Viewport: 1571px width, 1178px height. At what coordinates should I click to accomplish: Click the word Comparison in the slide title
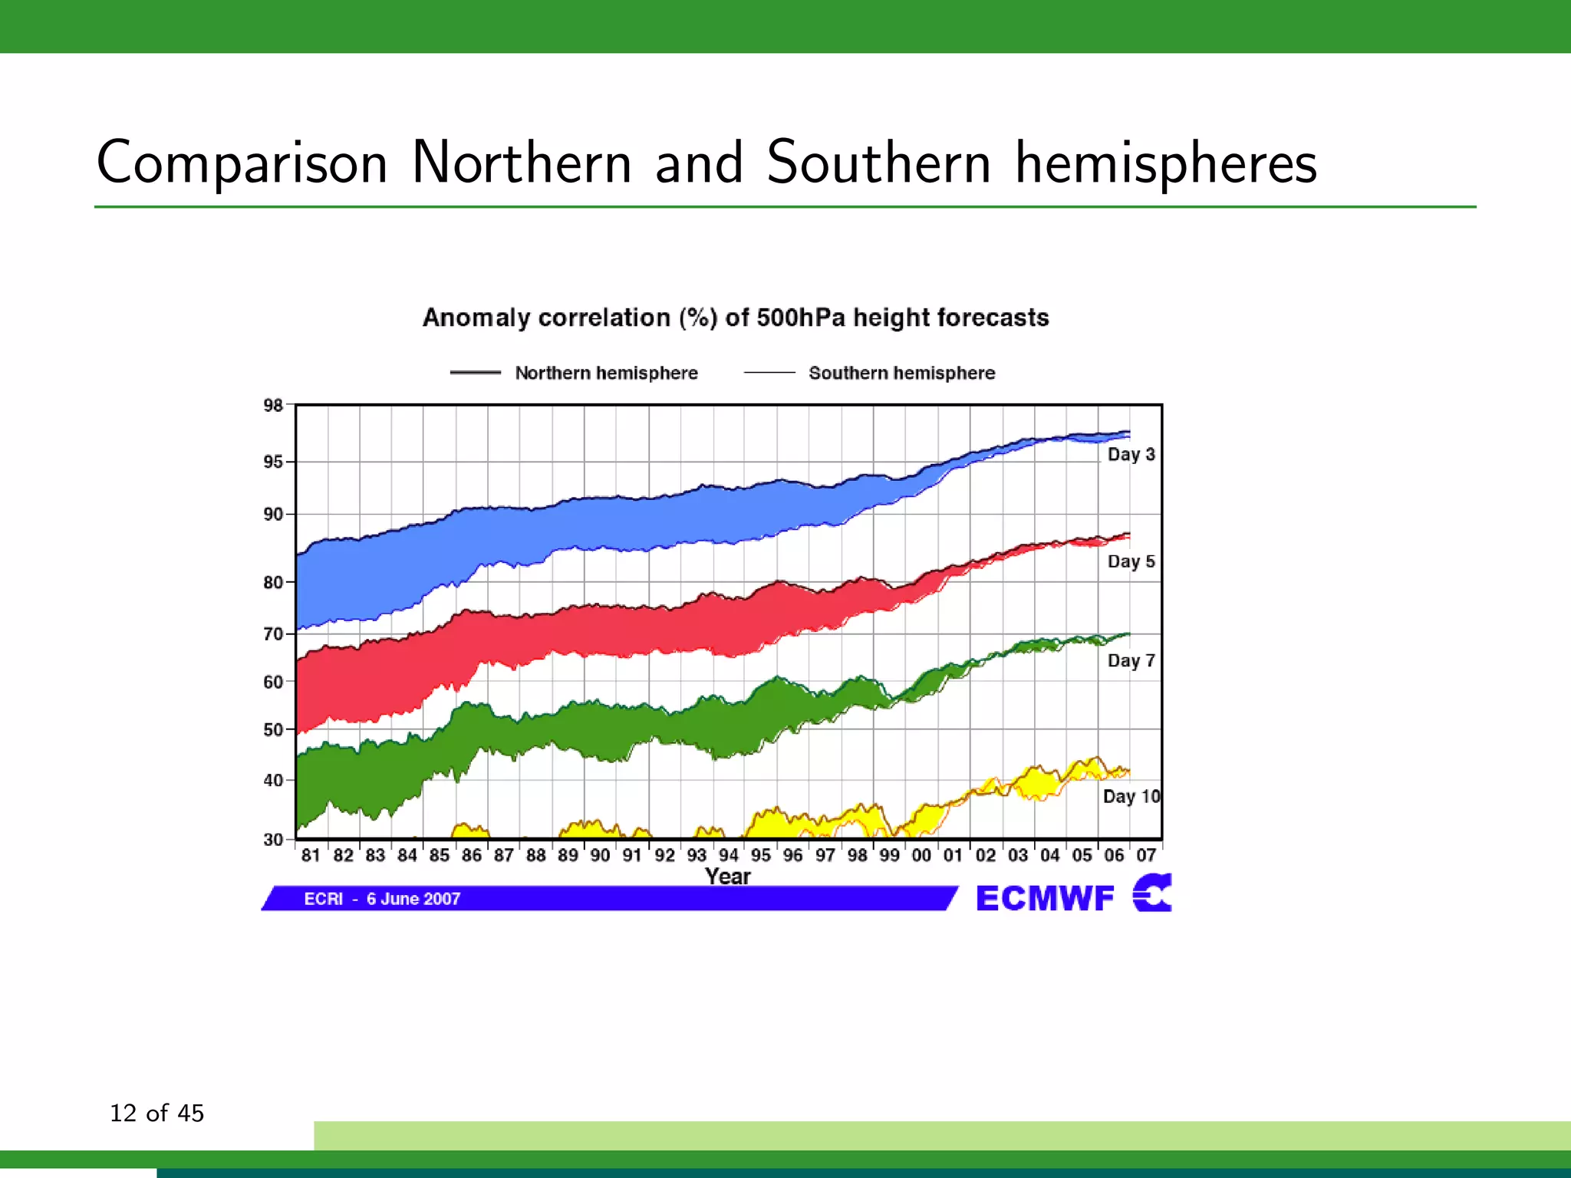click(x=242, y=163)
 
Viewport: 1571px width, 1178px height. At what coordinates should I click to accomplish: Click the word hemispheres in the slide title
click(x=1166, y=163)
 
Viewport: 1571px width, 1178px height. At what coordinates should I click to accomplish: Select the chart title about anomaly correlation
click(x=736, y=318)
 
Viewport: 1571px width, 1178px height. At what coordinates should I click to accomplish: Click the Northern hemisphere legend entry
click(x=605, y=373)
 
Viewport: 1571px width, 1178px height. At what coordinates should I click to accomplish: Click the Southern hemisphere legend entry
click(x=901, y=373)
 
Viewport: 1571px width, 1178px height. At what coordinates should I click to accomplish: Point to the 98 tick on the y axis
click(x=273, y=405)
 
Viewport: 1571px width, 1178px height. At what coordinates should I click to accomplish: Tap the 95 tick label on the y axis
click(x=273, y=462)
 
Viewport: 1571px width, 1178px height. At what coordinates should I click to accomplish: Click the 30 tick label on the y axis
click(x=273, y=839)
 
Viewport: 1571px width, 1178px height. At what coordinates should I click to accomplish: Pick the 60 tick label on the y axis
click(x=273, y=682)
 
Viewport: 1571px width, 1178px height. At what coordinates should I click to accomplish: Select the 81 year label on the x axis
click(x=311, y=855)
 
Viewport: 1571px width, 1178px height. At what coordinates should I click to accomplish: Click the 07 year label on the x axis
click(x=1146, y=855)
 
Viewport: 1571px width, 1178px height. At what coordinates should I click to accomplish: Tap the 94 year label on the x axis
click(x=728, y=855)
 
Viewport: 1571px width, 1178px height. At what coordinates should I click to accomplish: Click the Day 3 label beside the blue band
click(x=1131, y=454)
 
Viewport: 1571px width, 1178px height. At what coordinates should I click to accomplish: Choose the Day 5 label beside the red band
click(x=1131, y=561)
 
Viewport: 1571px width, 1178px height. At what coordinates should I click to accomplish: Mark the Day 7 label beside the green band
click(x=1131, y=660)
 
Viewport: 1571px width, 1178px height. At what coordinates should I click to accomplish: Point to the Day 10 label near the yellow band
click(x=1131, y=796)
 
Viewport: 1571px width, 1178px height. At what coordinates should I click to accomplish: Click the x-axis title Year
click(x=727, y=876)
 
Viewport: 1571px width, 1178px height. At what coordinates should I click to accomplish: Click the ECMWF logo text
click(x=1045, y=898)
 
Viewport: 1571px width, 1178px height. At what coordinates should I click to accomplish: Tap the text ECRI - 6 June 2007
click(x=382, y=899)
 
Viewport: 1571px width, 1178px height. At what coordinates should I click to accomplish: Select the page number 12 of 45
click(x=156, y=1113)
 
